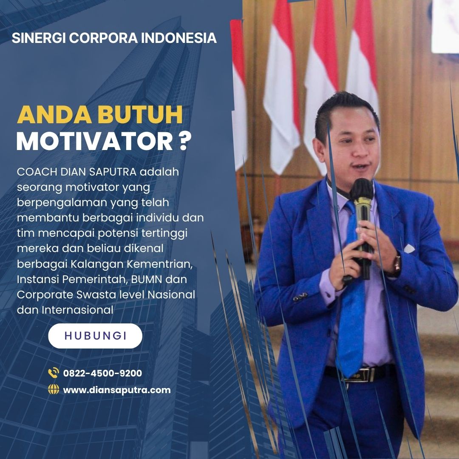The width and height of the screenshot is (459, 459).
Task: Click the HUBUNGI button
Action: pyautogui.click(x=95, y=336)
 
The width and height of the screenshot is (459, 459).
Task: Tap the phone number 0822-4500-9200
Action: pyautogui.click(x=102, y=373)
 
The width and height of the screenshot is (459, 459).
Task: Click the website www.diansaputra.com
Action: pyautogui.click(x=117, y=390)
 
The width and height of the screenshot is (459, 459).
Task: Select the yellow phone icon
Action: pyautogui.click(x=54, y=373)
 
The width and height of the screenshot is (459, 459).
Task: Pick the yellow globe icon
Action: pyautogui.click(x=54, y=389)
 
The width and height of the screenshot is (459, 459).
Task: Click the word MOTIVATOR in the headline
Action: pyautogui.click(x=94, y=142)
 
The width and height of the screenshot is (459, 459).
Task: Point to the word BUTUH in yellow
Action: pyautogui.click(x=140, y=114)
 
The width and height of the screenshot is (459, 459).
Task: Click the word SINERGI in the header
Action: pyautogui.click(x=38, y=38)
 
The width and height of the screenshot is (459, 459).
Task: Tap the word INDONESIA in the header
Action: pyautogui.click(x=178, y=38)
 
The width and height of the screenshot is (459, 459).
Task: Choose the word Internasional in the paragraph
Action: pyautogui.click(x=77, y=310)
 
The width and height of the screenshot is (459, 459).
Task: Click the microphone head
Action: pyautogui.click(x=362, y=188)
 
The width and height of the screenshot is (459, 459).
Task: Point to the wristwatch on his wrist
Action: pyautogui.click(x=397, y=263)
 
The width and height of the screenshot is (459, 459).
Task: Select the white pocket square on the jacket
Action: pyautogui.click(x=409, y=249)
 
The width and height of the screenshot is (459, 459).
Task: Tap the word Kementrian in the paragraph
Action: pyautogui.click(x=159, y=264)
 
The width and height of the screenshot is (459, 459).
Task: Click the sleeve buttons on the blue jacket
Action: pyautogui.click(x=300, y=297)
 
